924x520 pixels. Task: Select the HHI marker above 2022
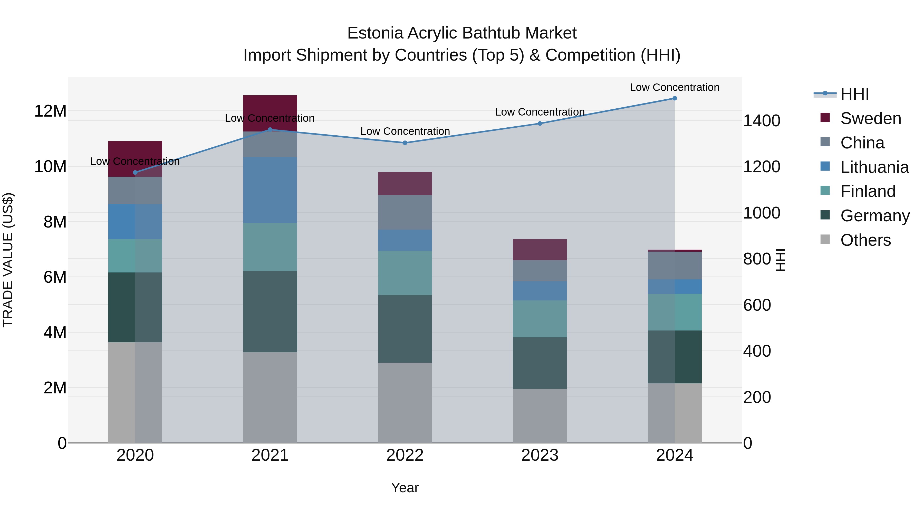point(405,143)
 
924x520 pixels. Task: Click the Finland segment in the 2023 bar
point(540,319)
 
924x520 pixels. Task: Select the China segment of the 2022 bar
point(405,212)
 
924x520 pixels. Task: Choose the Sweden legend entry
point(871,118)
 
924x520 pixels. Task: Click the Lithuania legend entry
point(874,167)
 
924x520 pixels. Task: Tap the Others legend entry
point(865,240)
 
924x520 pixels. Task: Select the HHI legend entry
point(854,94)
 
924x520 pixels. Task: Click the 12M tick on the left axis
point(50,111)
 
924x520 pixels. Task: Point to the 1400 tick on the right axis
point(761,121)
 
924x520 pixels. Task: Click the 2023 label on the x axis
point(540,455)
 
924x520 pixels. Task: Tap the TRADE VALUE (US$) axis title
point(8,260)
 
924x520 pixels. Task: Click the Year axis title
point(405,488)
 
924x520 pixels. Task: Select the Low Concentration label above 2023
point(540,112)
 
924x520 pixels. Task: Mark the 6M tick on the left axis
point(55,277)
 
